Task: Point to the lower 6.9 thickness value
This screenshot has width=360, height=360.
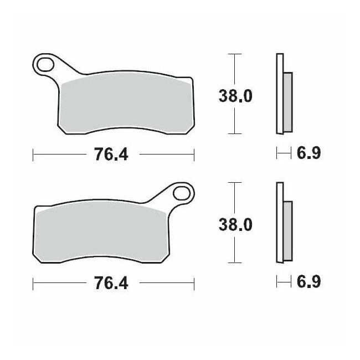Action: (x=308, y=281)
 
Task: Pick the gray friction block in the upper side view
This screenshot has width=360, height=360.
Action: (x=287, y=102)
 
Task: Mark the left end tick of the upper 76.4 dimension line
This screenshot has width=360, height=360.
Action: (x=33, y=155)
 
